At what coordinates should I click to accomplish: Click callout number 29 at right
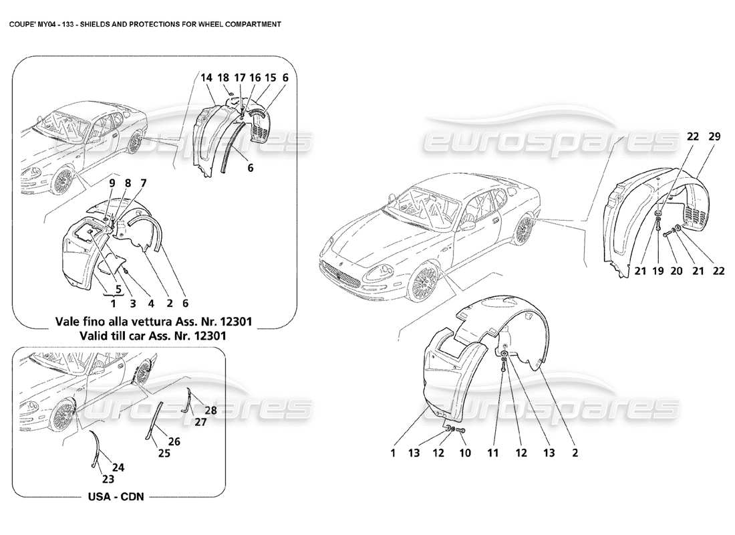(695, 136)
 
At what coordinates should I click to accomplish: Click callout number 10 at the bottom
(465, 453)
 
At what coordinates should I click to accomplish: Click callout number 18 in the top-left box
(224, 78)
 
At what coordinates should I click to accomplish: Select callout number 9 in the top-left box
(112, 183)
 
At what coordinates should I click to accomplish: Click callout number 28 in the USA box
(211, 409)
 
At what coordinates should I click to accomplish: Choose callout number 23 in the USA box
(108, 479)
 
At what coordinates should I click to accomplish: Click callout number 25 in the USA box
(164, 453)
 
